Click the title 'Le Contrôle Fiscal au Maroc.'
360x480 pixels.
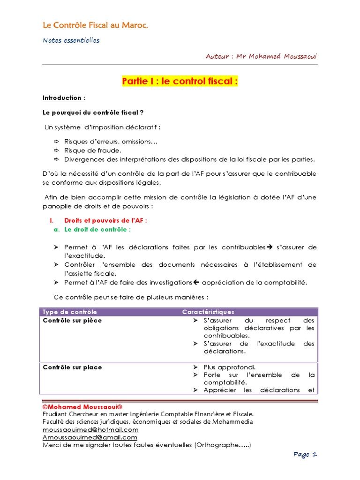pos(95,25)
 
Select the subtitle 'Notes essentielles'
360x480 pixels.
pos(71,40)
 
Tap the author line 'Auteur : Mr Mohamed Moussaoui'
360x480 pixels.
pos(261,56)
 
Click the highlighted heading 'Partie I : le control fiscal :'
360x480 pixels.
pos(180,82)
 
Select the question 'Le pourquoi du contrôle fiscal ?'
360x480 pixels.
pos(93,112)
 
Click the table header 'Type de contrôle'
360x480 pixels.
pos(70,312)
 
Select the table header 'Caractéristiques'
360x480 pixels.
pos(208,312)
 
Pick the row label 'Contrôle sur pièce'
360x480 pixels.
pos(72,321)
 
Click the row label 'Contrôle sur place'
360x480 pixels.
pos(72,367)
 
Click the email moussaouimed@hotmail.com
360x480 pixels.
pos(90,429)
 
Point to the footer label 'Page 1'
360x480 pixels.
pos(306,454)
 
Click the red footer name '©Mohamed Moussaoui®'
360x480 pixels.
pos(82,406)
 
